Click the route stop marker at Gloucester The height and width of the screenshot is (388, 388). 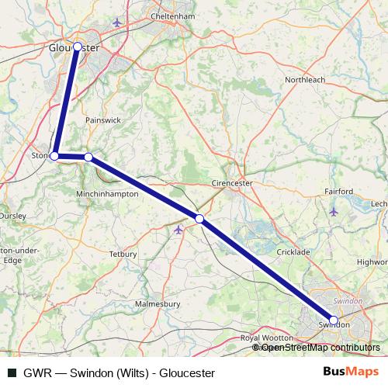point(77,47)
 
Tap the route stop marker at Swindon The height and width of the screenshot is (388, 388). point(334,320)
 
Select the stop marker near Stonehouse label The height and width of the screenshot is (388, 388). point(54,156)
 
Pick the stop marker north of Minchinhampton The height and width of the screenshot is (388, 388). point(88,158)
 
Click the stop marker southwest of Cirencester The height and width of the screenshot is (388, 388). point(199,219)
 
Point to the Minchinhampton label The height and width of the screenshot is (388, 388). point(108,194)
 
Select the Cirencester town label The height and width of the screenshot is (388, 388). point(233,184)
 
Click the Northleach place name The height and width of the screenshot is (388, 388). point(306,80)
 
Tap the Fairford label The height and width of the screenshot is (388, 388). point(340,191)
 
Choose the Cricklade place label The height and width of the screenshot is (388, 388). point(294,253)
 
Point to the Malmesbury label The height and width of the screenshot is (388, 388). point(158,303)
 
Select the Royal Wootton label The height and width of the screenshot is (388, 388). point(266,338)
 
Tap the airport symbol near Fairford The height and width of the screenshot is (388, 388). point(334,211)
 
